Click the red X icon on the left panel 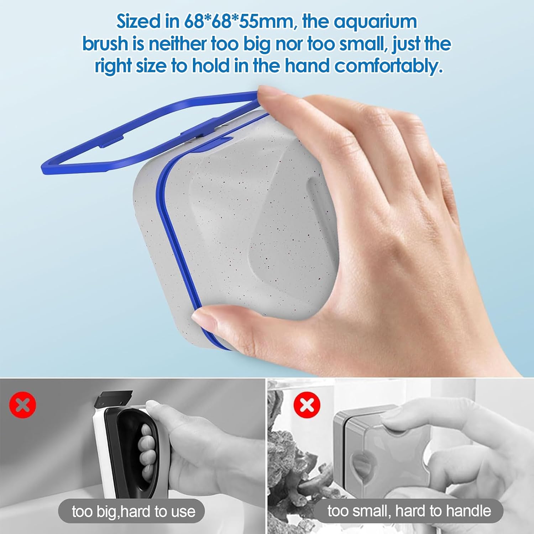click(22, 405)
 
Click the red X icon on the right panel click(307, 405)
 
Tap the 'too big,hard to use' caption click(133, 512)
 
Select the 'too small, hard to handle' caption click(409, 511)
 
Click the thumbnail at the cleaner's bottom click(206, 315)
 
